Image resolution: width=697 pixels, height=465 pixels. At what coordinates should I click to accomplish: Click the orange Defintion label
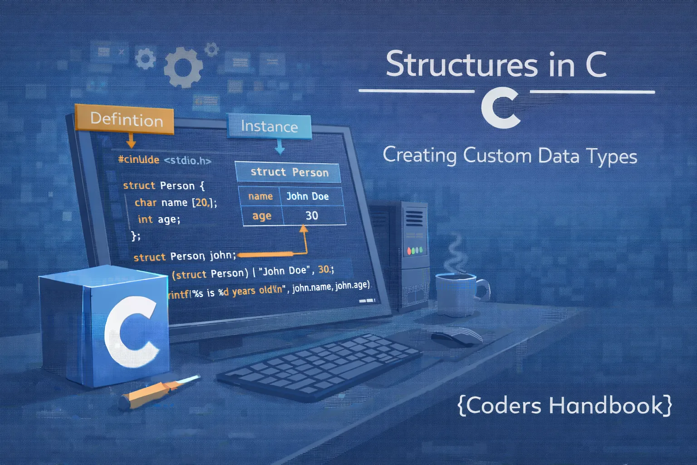(126, 119)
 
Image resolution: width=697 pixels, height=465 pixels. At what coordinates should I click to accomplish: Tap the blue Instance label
(269, 126)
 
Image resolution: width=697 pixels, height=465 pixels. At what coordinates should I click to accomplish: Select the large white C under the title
(500, 109)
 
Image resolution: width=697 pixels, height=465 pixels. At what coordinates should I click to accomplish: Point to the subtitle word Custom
(497, 155)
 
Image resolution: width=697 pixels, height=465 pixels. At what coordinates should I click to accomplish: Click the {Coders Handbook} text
(564, 405)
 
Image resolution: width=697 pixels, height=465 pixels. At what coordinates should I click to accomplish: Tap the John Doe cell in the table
(307, 196)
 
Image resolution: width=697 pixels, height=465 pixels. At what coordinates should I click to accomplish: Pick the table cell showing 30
(312, 215)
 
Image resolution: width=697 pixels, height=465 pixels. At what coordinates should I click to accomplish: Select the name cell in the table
(260, 196)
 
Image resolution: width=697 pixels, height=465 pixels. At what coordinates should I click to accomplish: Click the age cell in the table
(262, 216)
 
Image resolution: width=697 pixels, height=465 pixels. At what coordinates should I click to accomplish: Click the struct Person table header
(289, 172)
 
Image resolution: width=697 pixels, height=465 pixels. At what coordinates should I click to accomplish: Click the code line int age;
(159, 219)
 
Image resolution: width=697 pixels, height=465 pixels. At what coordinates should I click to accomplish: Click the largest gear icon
(183, 69)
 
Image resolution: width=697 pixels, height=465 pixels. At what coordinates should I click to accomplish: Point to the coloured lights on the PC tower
(415, 250)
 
